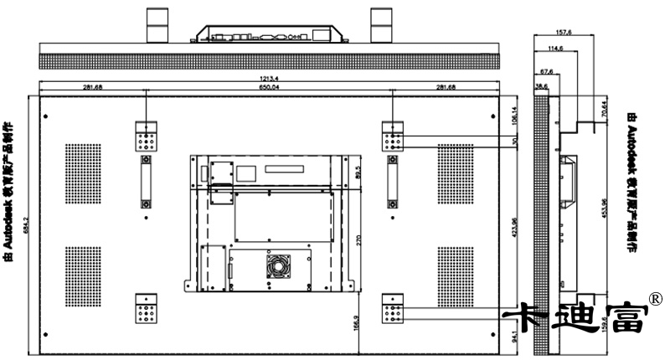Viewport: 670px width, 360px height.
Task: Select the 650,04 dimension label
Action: (269, 87)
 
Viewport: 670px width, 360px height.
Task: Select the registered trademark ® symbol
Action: (657, 299)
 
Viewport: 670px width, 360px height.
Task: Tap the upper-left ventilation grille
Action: (84, 174)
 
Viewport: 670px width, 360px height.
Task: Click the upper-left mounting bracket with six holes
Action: (147, 137)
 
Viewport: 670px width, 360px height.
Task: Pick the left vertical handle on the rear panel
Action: (146, 183)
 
